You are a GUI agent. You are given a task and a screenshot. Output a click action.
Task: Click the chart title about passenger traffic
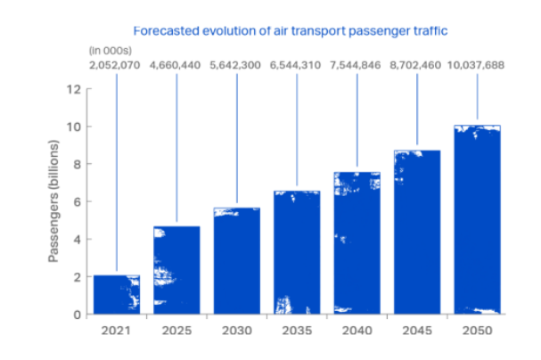(x=290, y=30)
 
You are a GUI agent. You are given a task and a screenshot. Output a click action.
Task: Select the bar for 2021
(x=116, y=294)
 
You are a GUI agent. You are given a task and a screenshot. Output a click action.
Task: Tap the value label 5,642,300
(x=236, y=65)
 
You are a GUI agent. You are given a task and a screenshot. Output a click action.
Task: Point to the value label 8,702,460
(x=417, y=65)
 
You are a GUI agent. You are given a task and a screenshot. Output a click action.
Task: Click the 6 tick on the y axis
(x=78, y=201)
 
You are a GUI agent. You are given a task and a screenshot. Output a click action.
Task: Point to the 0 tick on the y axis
(x=78, y=314)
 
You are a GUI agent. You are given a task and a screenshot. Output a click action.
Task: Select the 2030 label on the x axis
(x=236, y=330)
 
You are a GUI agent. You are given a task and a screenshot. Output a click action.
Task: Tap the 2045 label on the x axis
(x=417, y=330)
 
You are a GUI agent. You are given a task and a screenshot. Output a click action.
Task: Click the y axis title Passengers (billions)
(x=53, y=201)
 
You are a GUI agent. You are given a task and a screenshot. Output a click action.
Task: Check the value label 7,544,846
(x=357, y=65)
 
